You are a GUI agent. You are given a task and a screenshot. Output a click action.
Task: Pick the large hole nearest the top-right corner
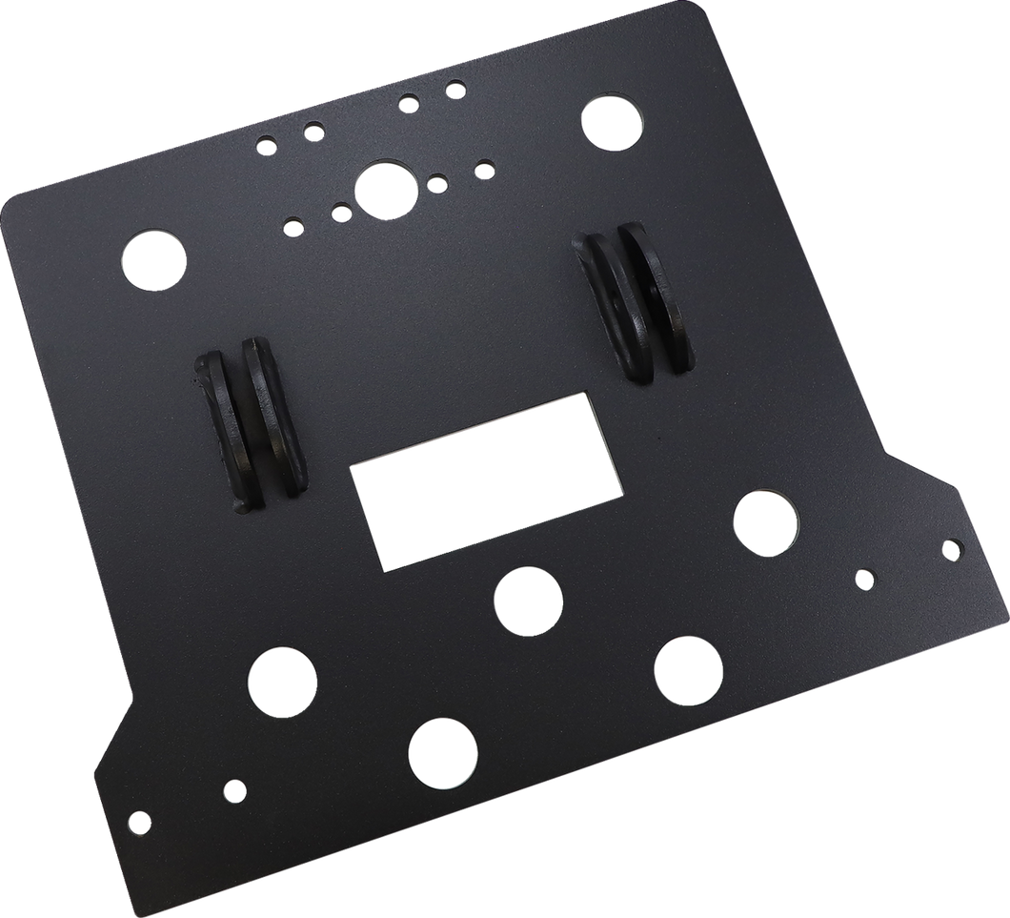[x=614, y=121]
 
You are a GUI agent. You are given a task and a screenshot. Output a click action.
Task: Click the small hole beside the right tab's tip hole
[x=864, y=578]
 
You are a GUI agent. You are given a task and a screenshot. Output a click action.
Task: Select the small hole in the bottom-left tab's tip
[x=139, y=820]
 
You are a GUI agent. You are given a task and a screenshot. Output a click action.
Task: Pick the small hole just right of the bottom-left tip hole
[x=232, y=789]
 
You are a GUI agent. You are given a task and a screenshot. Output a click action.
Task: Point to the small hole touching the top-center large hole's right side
[x=437, y=184]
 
